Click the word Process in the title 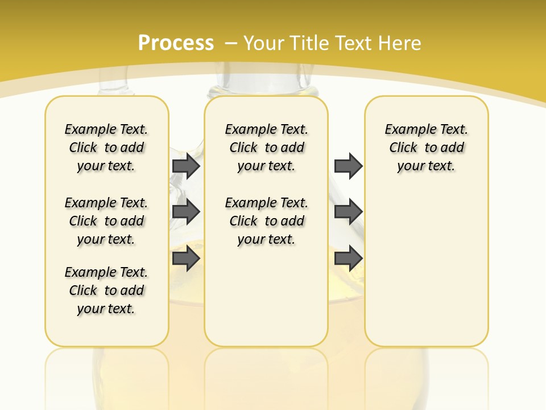point(176,43)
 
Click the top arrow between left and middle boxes point(186,166)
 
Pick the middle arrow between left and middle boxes point(186,212)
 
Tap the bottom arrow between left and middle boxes point(186,259)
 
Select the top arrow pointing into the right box point(348,166)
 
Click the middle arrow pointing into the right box point(348,212)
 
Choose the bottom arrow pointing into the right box point(348,259)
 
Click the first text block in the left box point(106,147)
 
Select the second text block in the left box point(106,221)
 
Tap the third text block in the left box point(106,290)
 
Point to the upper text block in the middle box point(266,147)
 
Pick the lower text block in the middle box point(266,221)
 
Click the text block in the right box point(426,147)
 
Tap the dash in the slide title point(231,43)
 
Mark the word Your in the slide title point(263,43)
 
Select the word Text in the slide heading point(354,43)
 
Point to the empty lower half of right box point(426,273)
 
